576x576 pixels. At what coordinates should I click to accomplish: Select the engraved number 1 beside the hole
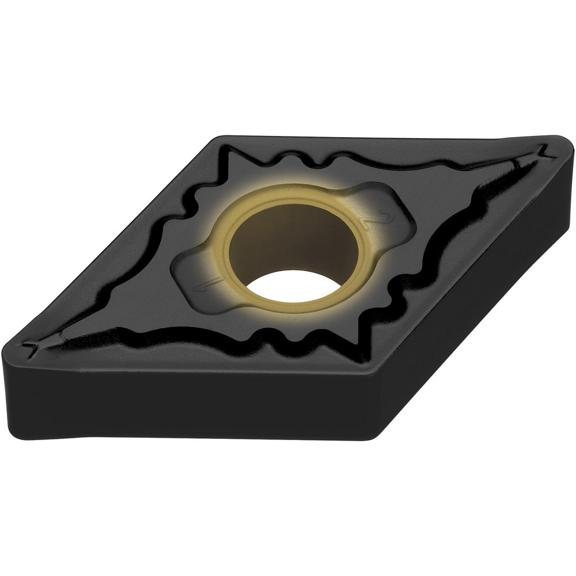[202, 282]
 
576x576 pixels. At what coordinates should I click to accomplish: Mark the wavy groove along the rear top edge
[369, 159]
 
